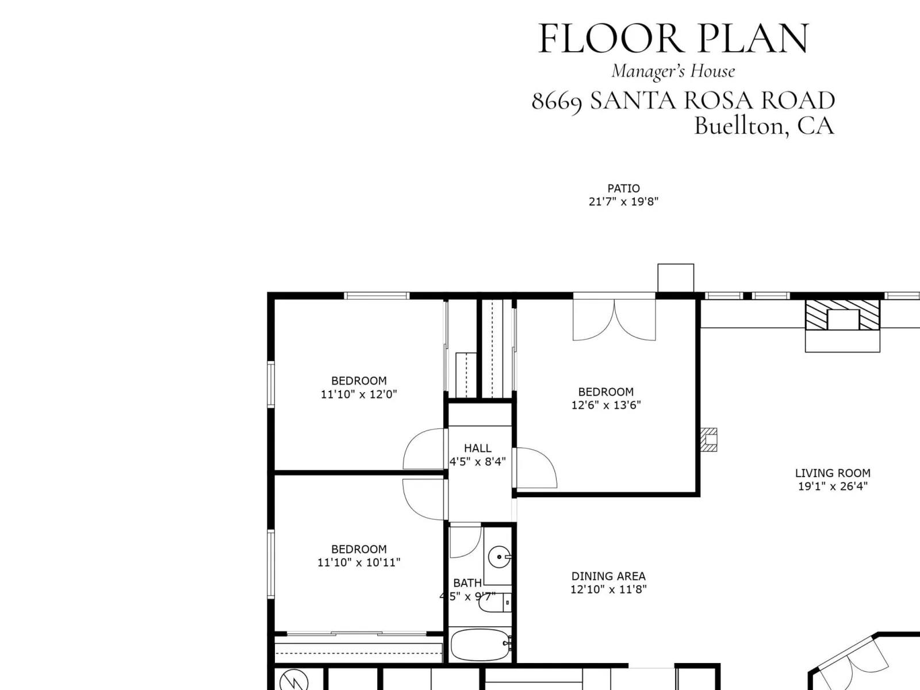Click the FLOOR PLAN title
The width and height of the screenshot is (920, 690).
pyautogui.click(x=673, y=39)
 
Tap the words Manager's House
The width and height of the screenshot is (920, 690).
pyautogui.click(x=673, y=71)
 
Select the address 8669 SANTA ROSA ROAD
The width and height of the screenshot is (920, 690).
pyautogui.click(x=683, y=101)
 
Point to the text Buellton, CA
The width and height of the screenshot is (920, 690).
pyautogui.click(x=764, y=126)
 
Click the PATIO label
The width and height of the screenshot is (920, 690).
pyautogui.click(x=624, y=189)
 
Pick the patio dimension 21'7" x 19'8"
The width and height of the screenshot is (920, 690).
pyautogui.click(x=624, y=202)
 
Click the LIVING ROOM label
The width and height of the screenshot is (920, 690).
pyautogui.click(x=833, y=473)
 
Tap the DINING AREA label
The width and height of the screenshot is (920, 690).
pyautogui.click(x=608, y=576)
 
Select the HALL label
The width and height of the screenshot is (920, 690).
pyautogui.click(x=478, y=448)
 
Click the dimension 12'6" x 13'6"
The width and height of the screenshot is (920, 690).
pyautogui.click(x=606, y=405)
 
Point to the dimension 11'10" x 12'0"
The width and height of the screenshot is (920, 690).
pyautogui.click(x=359, y=394)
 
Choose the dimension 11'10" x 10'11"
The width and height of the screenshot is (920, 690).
pyautogui.click(x=359, y=562)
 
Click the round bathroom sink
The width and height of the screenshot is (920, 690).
pyautogui.click(x=500, y=557)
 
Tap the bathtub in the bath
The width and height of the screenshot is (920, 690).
pyautogui.click(x=481, y=645)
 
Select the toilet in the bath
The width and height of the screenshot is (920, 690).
pyautogui.click(x=495, y=603)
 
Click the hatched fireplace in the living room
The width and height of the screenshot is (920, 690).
pyautogui.click(x=842, y=315)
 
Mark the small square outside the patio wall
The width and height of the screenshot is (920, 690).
pyautogui.click(x=676, y=278)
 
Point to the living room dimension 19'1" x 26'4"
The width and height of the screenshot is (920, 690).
pyautogui.click(x=833, y=486)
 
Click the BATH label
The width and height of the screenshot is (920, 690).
pyautogui.click(x=467, y=582)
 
